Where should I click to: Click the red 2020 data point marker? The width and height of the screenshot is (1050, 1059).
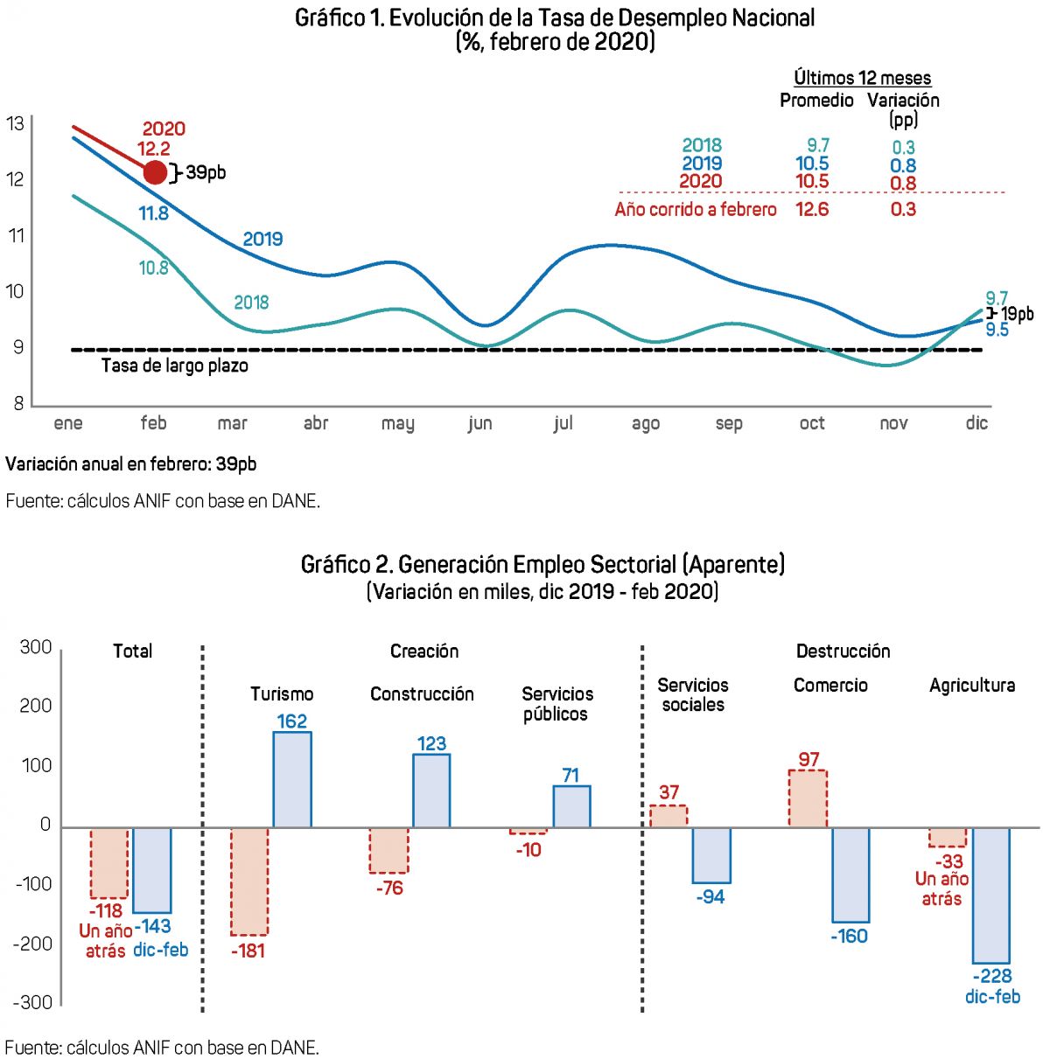pyautogui.click(x=155, y=172)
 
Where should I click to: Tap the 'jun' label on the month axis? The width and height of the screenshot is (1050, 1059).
pyautogui.click(x=479, y=424)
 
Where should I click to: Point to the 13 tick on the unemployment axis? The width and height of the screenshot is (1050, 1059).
pyautogui.click(x=15, y=123)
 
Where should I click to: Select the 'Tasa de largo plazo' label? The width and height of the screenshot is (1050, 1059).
pyautogui.click(x=175, y=366)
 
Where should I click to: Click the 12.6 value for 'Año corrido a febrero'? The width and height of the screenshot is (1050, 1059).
pyautogui.click(x=812, y=209)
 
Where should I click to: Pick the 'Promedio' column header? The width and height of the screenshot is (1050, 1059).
pyautogui.click(x=816, y=101)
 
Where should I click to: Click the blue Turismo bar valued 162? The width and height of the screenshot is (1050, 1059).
pyautogui.click(x=292, y=779)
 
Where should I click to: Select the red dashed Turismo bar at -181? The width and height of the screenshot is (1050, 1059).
pyautogui.click(x=249, y=881)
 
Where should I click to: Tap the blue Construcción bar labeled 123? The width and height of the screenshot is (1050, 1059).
pyautogui.click(x=431, y=791)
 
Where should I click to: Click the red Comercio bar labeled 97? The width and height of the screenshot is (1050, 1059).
pyautogui.click(x=808, y=798)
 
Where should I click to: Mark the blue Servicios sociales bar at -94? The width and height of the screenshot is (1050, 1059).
pyautogui.click(x=711, y=854)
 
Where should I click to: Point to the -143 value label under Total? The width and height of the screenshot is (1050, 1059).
pyautogui.click(x=153, y=926)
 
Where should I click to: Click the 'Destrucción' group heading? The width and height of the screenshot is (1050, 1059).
pyautogui.click(x=843, y=651)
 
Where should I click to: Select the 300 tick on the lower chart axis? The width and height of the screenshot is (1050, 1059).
pyautogui.click(x=36, y=647)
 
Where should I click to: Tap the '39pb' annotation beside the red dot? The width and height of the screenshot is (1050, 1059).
pyautogui.click(x=206, y=172)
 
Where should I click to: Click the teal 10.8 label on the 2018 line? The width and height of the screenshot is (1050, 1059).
pyautogui.click(x=153, y=268)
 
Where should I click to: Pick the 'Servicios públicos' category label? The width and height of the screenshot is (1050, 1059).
pyautogui.click(x=556, y=704)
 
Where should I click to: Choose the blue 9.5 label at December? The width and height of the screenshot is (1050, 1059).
pyautogui.click(x=997, y=330)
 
